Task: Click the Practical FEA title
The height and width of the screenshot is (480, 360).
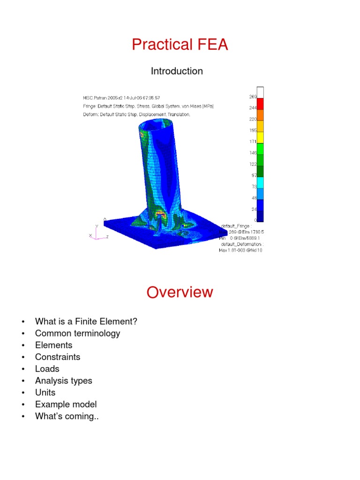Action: (x=180, y=45)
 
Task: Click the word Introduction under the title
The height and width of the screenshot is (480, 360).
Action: (x=177, y=71)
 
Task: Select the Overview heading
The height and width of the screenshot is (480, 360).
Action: (x=180, y=292)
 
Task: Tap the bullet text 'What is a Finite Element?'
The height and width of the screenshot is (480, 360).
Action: (x=86, y=322)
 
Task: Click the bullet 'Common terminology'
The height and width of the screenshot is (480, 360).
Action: (x=77, y=333)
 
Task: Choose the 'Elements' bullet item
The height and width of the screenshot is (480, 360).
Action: (x=53, y=345)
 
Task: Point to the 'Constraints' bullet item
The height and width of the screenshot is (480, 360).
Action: (x=57, y=357)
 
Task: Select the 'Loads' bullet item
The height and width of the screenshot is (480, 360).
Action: (x=47, y=369)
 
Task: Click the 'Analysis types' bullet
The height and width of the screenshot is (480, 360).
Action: (x=63, y=381)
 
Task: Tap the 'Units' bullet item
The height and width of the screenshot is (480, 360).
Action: (x=45, y=392)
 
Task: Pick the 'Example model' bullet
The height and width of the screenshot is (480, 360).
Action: (x=66, y=404)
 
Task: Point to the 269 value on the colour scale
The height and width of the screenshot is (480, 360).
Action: (x=252, y=97)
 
